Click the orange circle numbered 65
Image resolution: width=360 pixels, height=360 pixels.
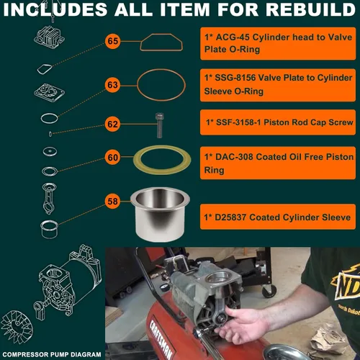click(x=112, y=41)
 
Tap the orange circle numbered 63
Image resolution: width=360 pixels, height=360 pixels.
click(x=112, y=85)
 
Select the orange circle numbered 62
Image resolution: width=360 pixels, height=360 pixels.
click(x=112, y=125)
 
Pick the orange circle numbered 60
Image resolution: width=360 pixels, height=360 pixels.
click(x=112, y=158)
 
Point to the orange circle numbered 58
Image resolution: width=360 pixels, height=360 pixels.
click(x=112, y=202)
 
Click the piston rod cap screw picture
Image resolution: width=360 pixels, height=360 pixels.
click(x=159, y=125)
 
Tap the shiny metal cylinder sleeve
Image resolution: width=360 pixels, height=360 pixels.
click(x=160, y=214)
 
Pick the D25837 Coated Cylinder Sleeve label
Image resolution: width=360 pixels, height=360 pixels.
click(x=278, y=217)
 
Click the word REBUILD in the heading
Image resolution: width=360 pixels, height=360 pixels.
click(x=310, y=9)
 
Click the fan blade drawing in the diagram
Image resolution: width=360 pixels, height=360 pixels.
click(x=17, y=327)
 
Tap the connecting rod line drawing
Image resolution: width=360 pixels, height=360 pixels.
click(x=49, y=198)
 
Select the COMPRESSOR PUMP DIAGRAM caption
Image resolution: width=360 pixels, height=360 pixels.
click(x=52, y=354)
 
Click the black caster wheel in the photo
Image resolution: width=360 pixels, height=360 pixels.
click(x=269, y=291)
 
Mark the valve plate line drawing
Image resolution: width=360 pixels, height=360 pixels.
click(x=50, y=92)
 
